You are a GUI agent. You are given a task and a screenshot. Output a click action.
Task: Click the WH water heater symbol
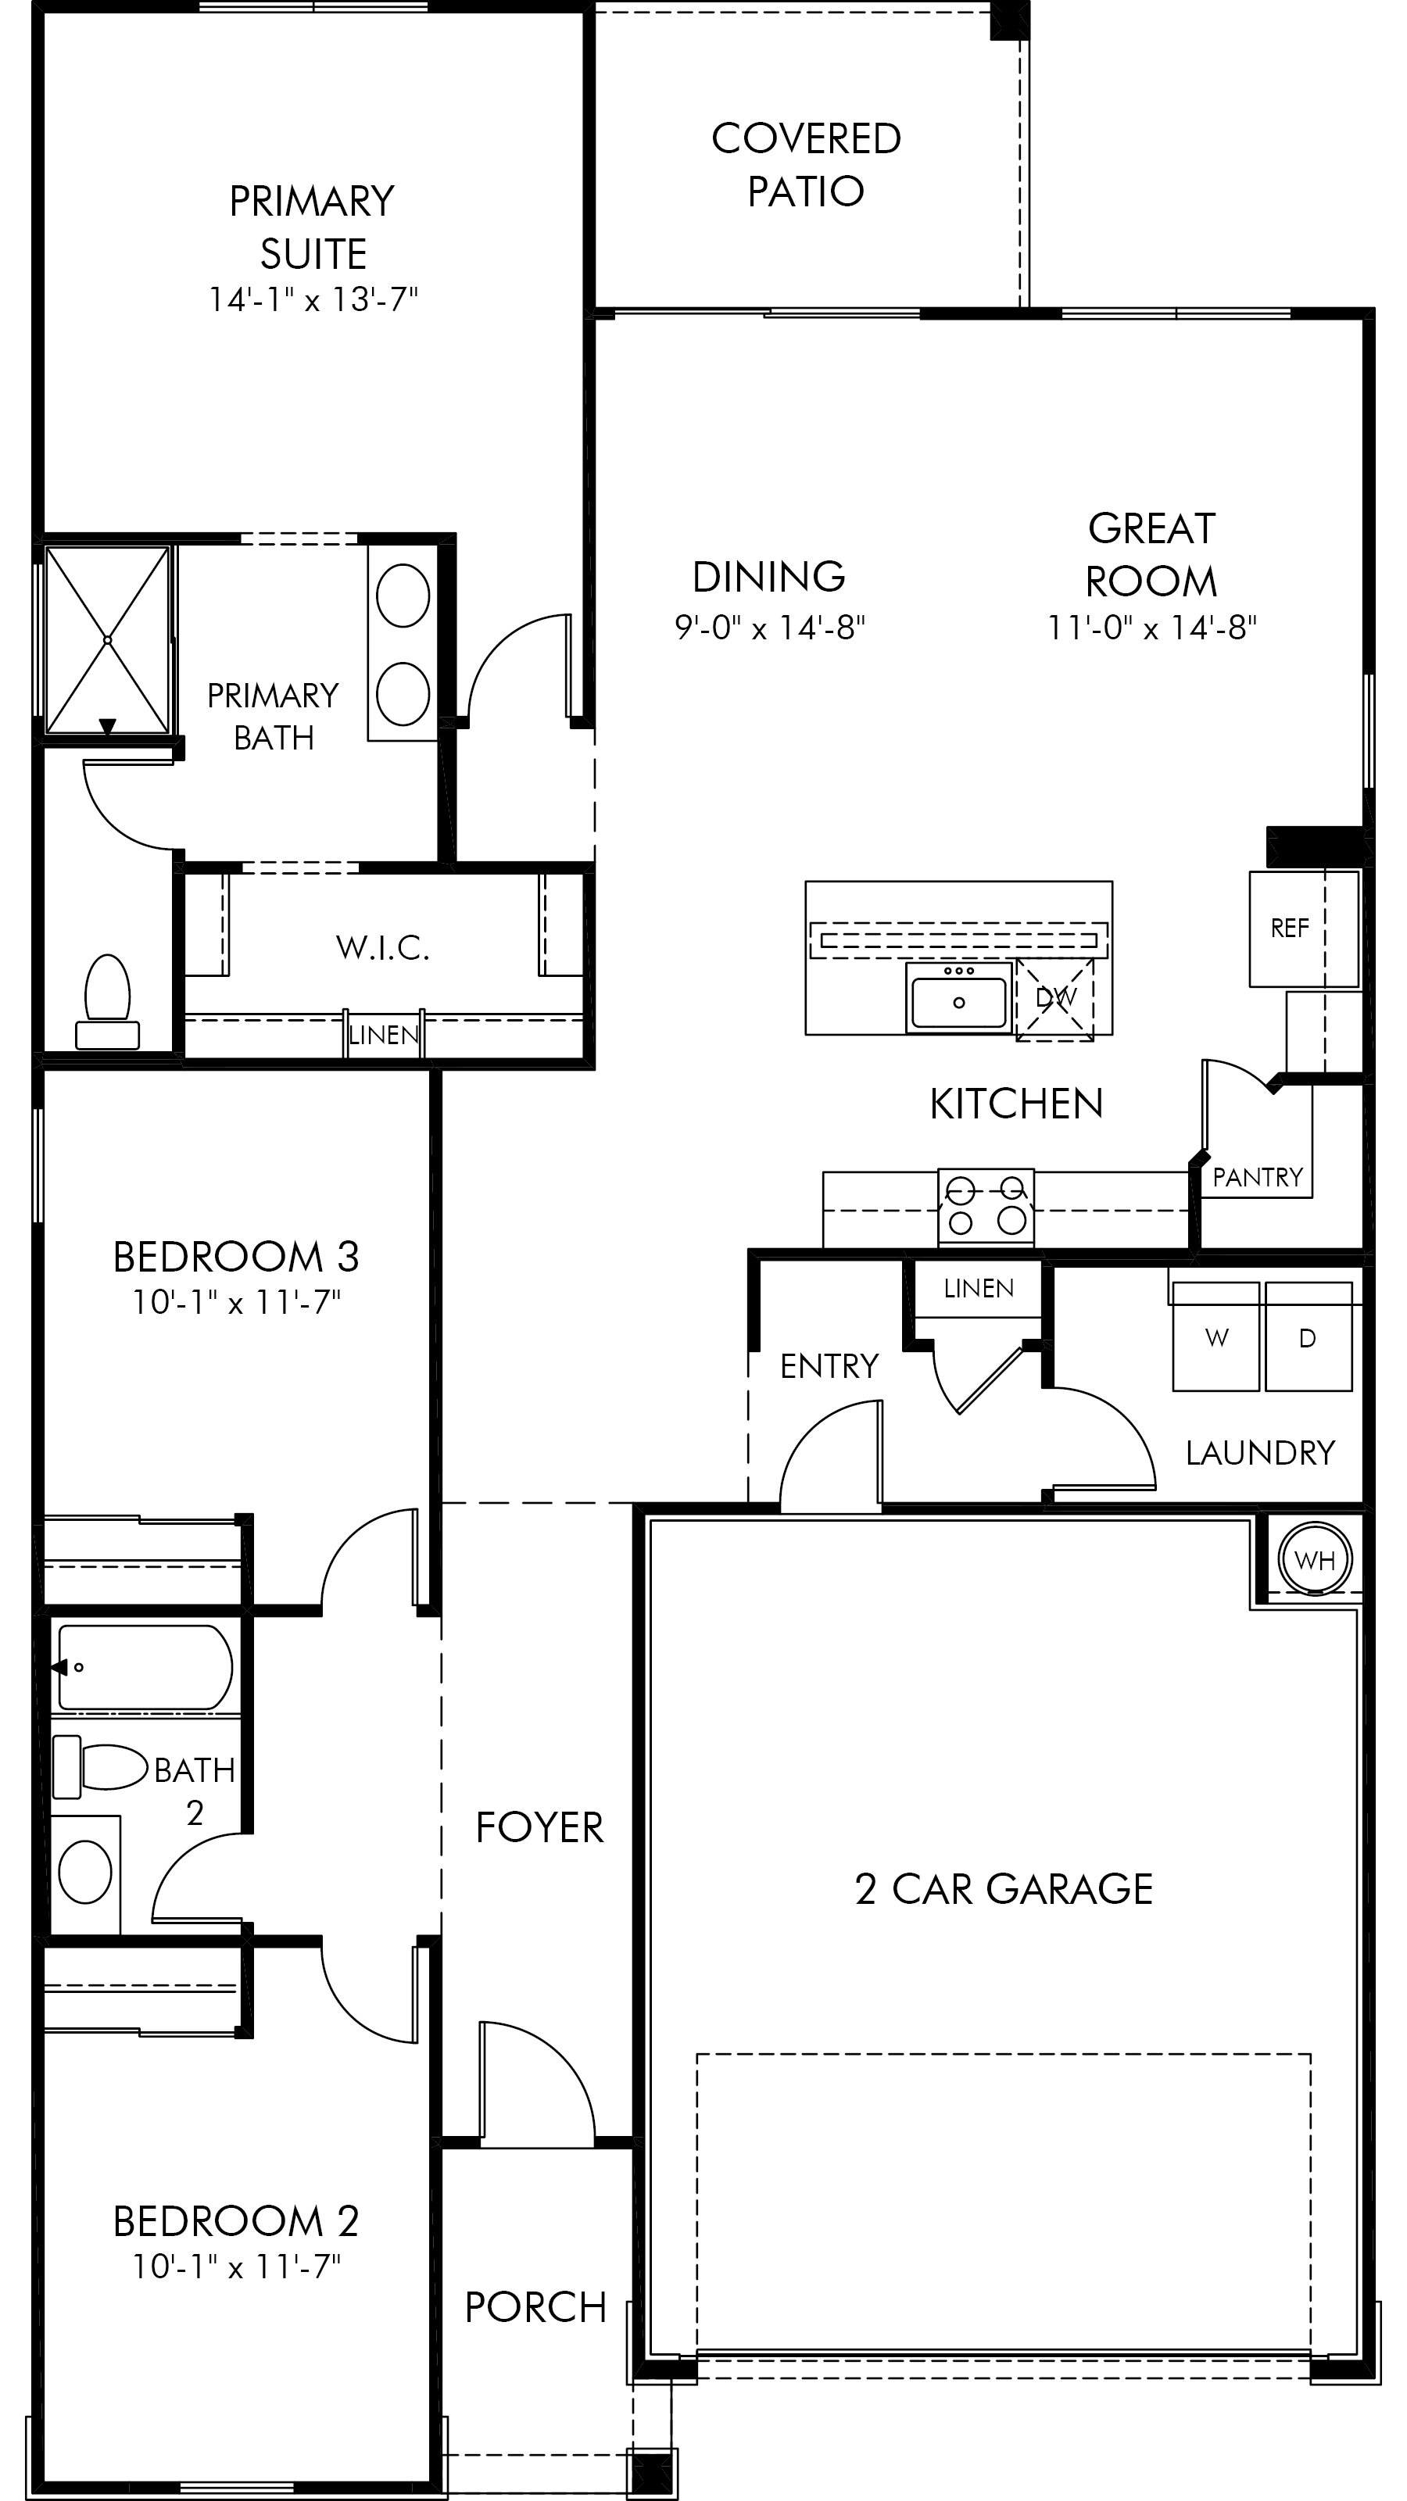(x=1315, y=1560)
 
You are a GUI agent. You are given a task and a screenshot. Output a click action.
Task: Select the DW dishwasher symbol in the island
(x=1055, y=998)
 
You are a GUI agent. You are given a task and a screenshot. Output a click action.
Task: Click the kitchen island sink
(x=958, y=998)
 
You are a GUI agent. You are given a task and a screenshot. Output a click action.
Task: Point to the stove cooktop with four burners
(x=986, y=1207)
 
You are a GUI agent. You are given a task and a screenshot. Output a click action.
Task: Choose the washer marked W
(x=1215, y=1337)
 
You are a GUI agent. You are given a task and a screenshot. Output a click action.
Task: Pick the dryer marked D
(x=1308, y=1337)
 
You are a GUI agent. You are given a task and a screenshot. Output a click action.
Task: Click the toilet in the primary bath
(x=108, y=1002)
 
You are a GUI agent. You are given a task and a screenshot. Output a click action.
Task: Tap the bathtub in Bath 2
(x=145, y=1667)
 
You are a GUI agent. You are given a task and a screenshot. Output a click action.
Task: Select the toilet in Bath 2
(x=99, y=1767)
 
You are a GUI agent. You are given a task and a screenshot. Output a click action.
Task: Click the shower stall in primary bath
(x=107, y=640)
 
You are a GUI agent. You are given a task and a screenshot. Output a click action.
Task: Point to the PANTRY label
(x=1258, y=1178)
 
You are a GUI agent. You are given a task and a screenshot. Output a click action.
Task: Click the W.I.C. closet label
(x=382, y=946)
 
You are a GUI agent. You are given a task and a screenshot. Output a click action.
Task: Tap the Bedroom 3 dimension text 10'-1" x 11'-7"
(x=236, y=1302)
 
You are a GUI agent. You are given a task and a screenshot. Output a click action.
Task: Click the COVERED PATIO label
(x=806, y=164)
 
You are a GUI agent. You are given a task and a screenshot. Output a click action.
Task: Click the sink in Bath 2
(x=85, y=1873)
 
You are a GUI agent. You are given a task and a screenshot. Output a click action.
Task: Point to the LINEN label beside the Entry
(x=979, y=1287)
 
